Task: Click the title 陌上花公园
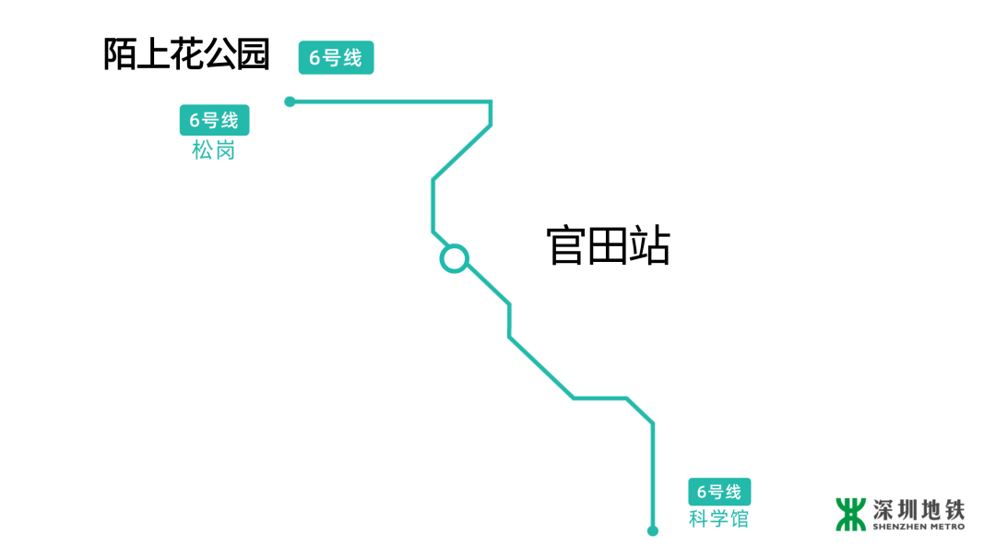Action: (x=186, y=54)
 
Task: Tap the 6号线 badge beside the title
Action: (x=336, y=57)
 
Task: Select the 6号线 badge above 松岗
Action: (x=214, y=120)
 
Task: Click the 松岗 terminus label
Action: (x=214, y=150)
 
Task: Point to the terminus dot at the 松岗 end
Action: (x=290, y=101)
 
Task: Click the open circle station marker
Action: (x=454, y=258)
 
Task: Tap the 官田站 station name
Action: (x=608, y=246)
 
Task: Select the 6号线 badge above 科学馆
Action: (x=718, y=492)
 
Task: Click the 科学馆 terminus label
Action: (x=718, y=518)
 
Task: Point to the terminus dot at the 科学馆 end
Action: (x=653, y=530)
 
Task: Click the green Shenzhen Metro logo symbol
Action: (x=850, y=514)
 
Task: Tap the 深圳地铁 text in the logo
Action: (x=919, y=509)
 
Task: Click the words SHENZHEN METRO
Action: (x=919, y=527)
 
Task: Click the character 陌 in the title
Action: (x=120, y=54)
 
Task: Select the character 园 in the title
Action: (x=253, y=54)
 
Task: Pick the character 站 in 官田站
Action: (x=649, y=246)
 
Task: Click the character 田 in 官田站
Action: (x=608, y=246)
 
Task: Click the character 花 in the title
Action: (x=186, y=54)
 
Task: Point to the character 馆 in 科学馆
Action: (x=738, y=518)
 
